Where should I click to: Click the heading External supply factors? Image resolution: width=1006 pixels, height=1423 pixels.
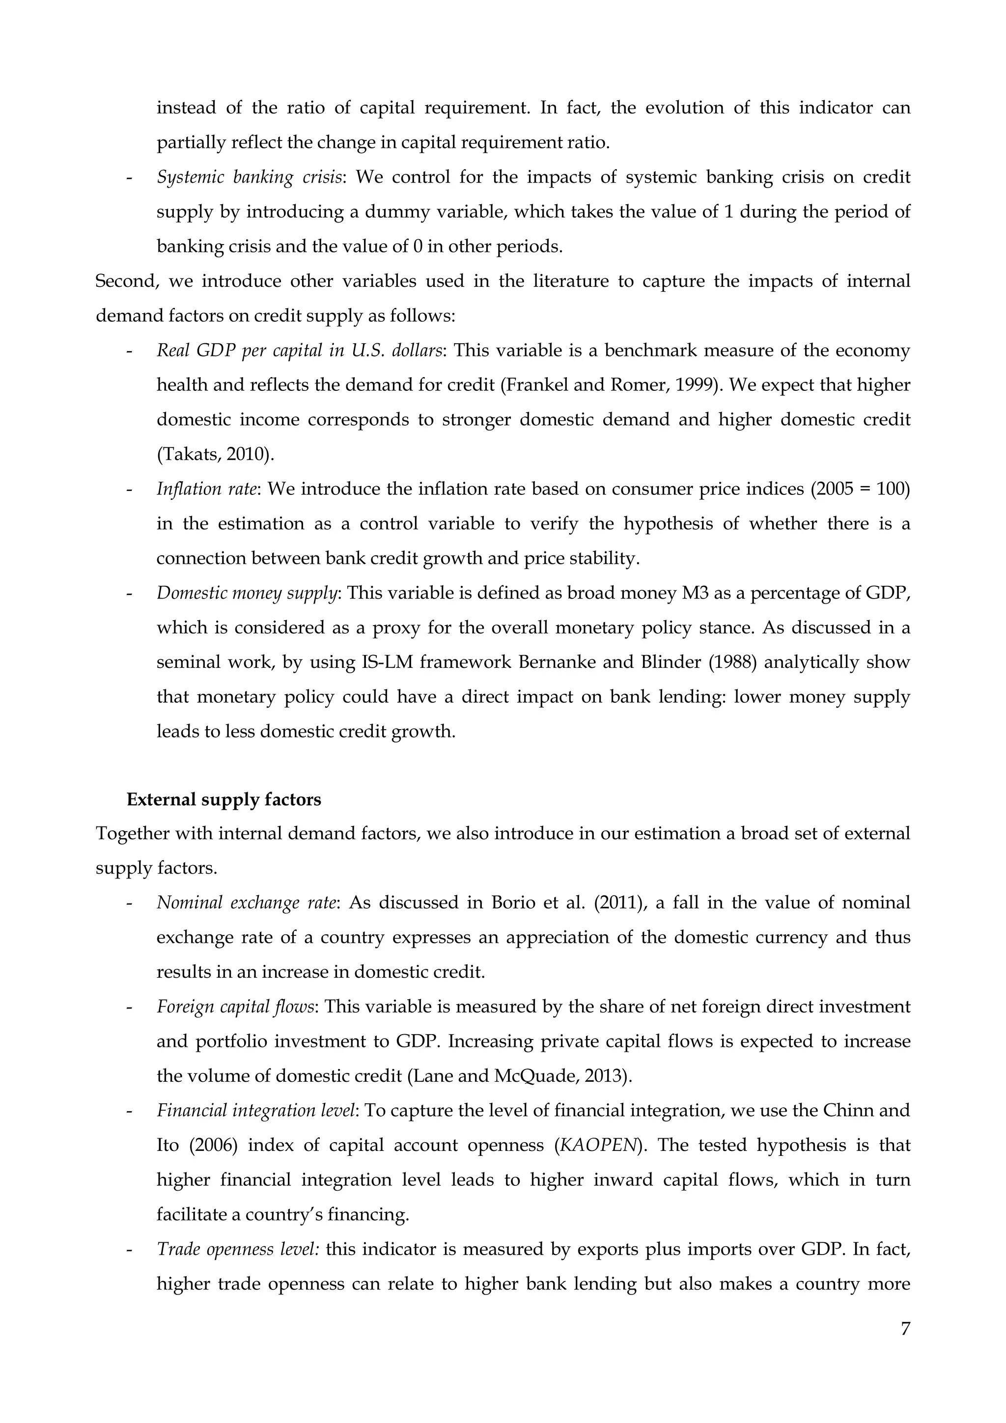pos(224,799)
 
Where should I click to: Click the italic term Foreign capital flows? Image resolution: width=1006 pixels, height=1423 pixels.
pos(235,1007)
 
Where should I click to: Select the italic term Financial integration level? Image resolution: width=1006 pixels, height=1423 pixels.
pos(256,1110)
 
